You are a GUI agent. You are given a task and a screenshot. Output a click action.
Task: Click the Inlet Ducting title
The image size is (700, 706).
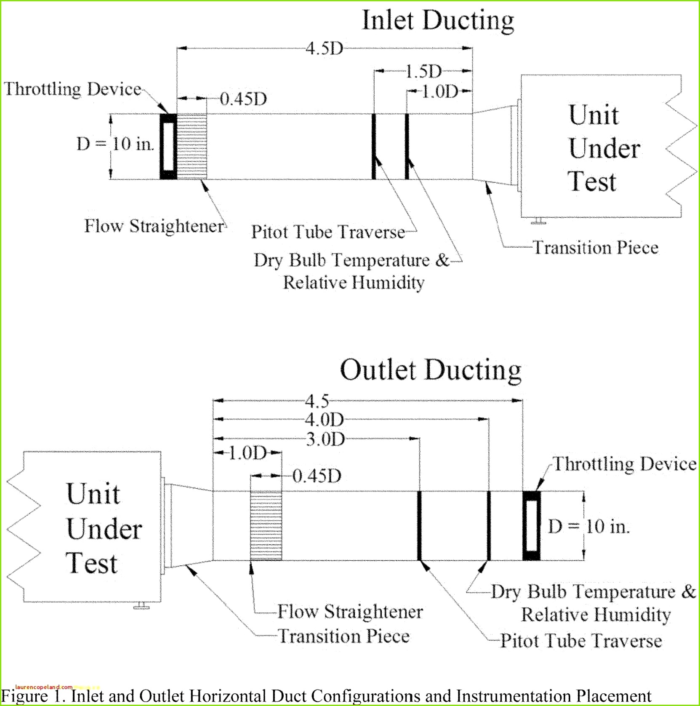coord(438,21)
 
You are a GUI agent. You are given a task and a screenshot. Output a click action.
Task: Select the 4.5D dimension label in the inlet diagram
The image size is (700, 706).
coord(324,48)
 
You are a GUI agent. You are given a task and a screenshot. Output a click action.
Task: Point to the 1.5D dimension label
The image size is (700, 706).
coord(423,72)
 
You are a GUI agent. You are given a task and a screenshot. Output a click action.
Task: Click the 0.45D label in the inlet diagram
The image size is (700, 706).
coord(243,99)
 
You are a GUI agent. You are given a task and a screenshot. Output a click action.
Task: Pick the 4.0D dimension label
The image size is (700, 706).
coord(324,420)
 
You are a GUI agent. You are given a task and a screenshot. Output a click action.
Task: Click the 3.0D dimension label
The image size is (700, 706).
coord(325,439)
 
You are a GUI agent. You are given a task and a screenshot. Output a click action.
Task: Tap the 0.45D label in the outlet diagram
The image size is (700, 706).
coord(317,476)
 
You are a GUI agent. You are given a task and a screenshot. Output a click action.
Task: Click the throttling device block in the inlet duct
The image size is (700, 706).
coord(168,147)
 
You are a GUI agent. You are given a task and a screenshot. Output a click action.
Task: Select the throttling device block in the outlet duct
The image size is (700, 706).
coord(532,526)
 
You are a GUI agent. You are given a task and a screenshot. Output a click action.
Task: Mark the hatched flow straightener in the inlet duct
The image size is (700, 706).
coord(192,147)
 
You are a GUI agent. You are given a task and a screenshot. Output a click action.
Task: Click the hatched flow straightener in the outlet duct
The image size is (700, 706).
coord(266,526)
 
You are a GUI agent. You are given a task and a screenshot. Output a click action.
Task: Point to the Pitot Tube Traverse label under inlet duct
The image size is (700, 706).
coord(328,232)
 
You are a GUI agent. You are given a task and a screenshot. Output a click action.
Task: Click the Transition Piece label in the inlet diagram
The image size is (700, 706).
coord(596,248)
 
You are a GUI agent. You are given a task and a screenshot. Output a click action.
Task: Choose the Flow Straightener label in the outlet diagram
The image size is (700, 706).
coord(350,612)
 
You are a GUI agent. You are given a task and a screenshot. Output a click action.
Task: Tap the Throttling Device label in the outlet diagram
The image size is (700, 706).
coord(625,464)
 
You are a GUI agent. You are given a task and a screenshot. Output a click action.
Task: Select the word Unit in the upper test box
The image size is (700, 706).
coord(594,115)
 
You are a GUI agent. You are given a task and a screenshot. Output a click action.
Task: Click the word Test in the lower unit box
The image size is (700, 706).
coord(91,563)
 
